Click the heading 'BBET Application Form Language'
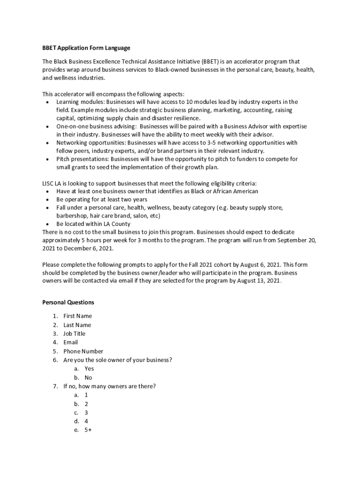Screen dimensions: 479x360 pos(86,48)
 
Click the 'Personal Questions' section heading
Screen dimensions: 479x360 pos(68,302)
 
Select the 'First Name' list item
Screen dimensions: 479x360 pos(78,316)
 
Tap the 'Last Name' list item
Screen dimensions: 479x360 pos(77,325)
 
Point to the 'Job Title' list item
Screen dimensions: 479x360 pos(74,334)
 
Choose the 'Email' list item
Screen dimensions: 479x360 pos(71,342)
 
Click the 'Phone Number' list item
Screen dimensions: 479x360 pos(83,351)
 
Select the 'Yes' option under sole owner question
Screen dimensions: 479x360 pos(89,369)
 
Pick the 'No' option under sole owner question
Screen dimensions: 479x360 pos(88,377)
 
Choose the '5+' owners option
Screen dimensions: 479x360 pos(88,430)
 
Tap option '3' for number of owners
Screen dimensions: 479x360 pos(86,413)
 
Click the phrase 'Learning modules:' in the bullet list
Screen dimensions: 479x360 pos(80,102)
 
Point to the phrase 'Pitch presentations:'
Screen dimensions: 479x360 pos(82,159)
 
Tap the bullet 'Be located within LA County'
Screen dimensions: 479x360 pos(94,224)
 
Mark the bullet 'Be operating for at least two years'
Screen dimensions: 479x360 pos(101,199)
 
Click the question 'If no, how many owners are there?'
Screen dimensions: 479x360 pos(109,386)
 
